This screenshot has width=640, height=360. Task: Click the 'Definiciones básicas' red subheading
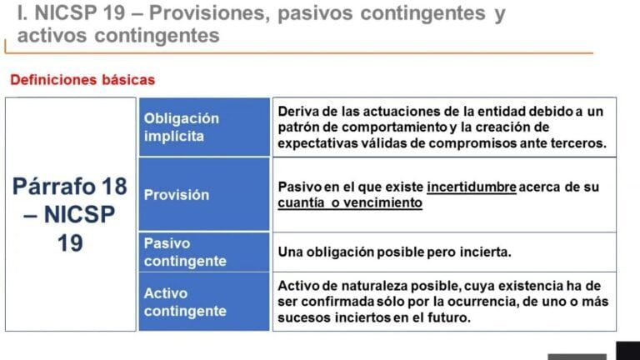click(x=82, y=81)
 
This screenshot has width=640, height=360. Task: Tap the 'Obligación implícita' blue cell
click(x=203, y=127)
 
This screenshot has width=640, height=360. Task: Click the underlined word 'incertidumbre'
click(x=471, y=187)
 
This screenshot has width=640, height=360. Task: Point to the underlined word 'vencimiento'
click(x=383, y=202)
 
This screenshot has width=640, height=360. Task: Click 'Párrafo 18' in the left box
click(x=71, y=186)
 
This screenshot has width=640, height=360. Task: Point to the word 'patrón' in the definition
click(x=298, y=127)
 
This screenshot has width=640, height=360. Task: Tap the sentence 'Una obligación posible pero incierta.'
click(x=394, y=252)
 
